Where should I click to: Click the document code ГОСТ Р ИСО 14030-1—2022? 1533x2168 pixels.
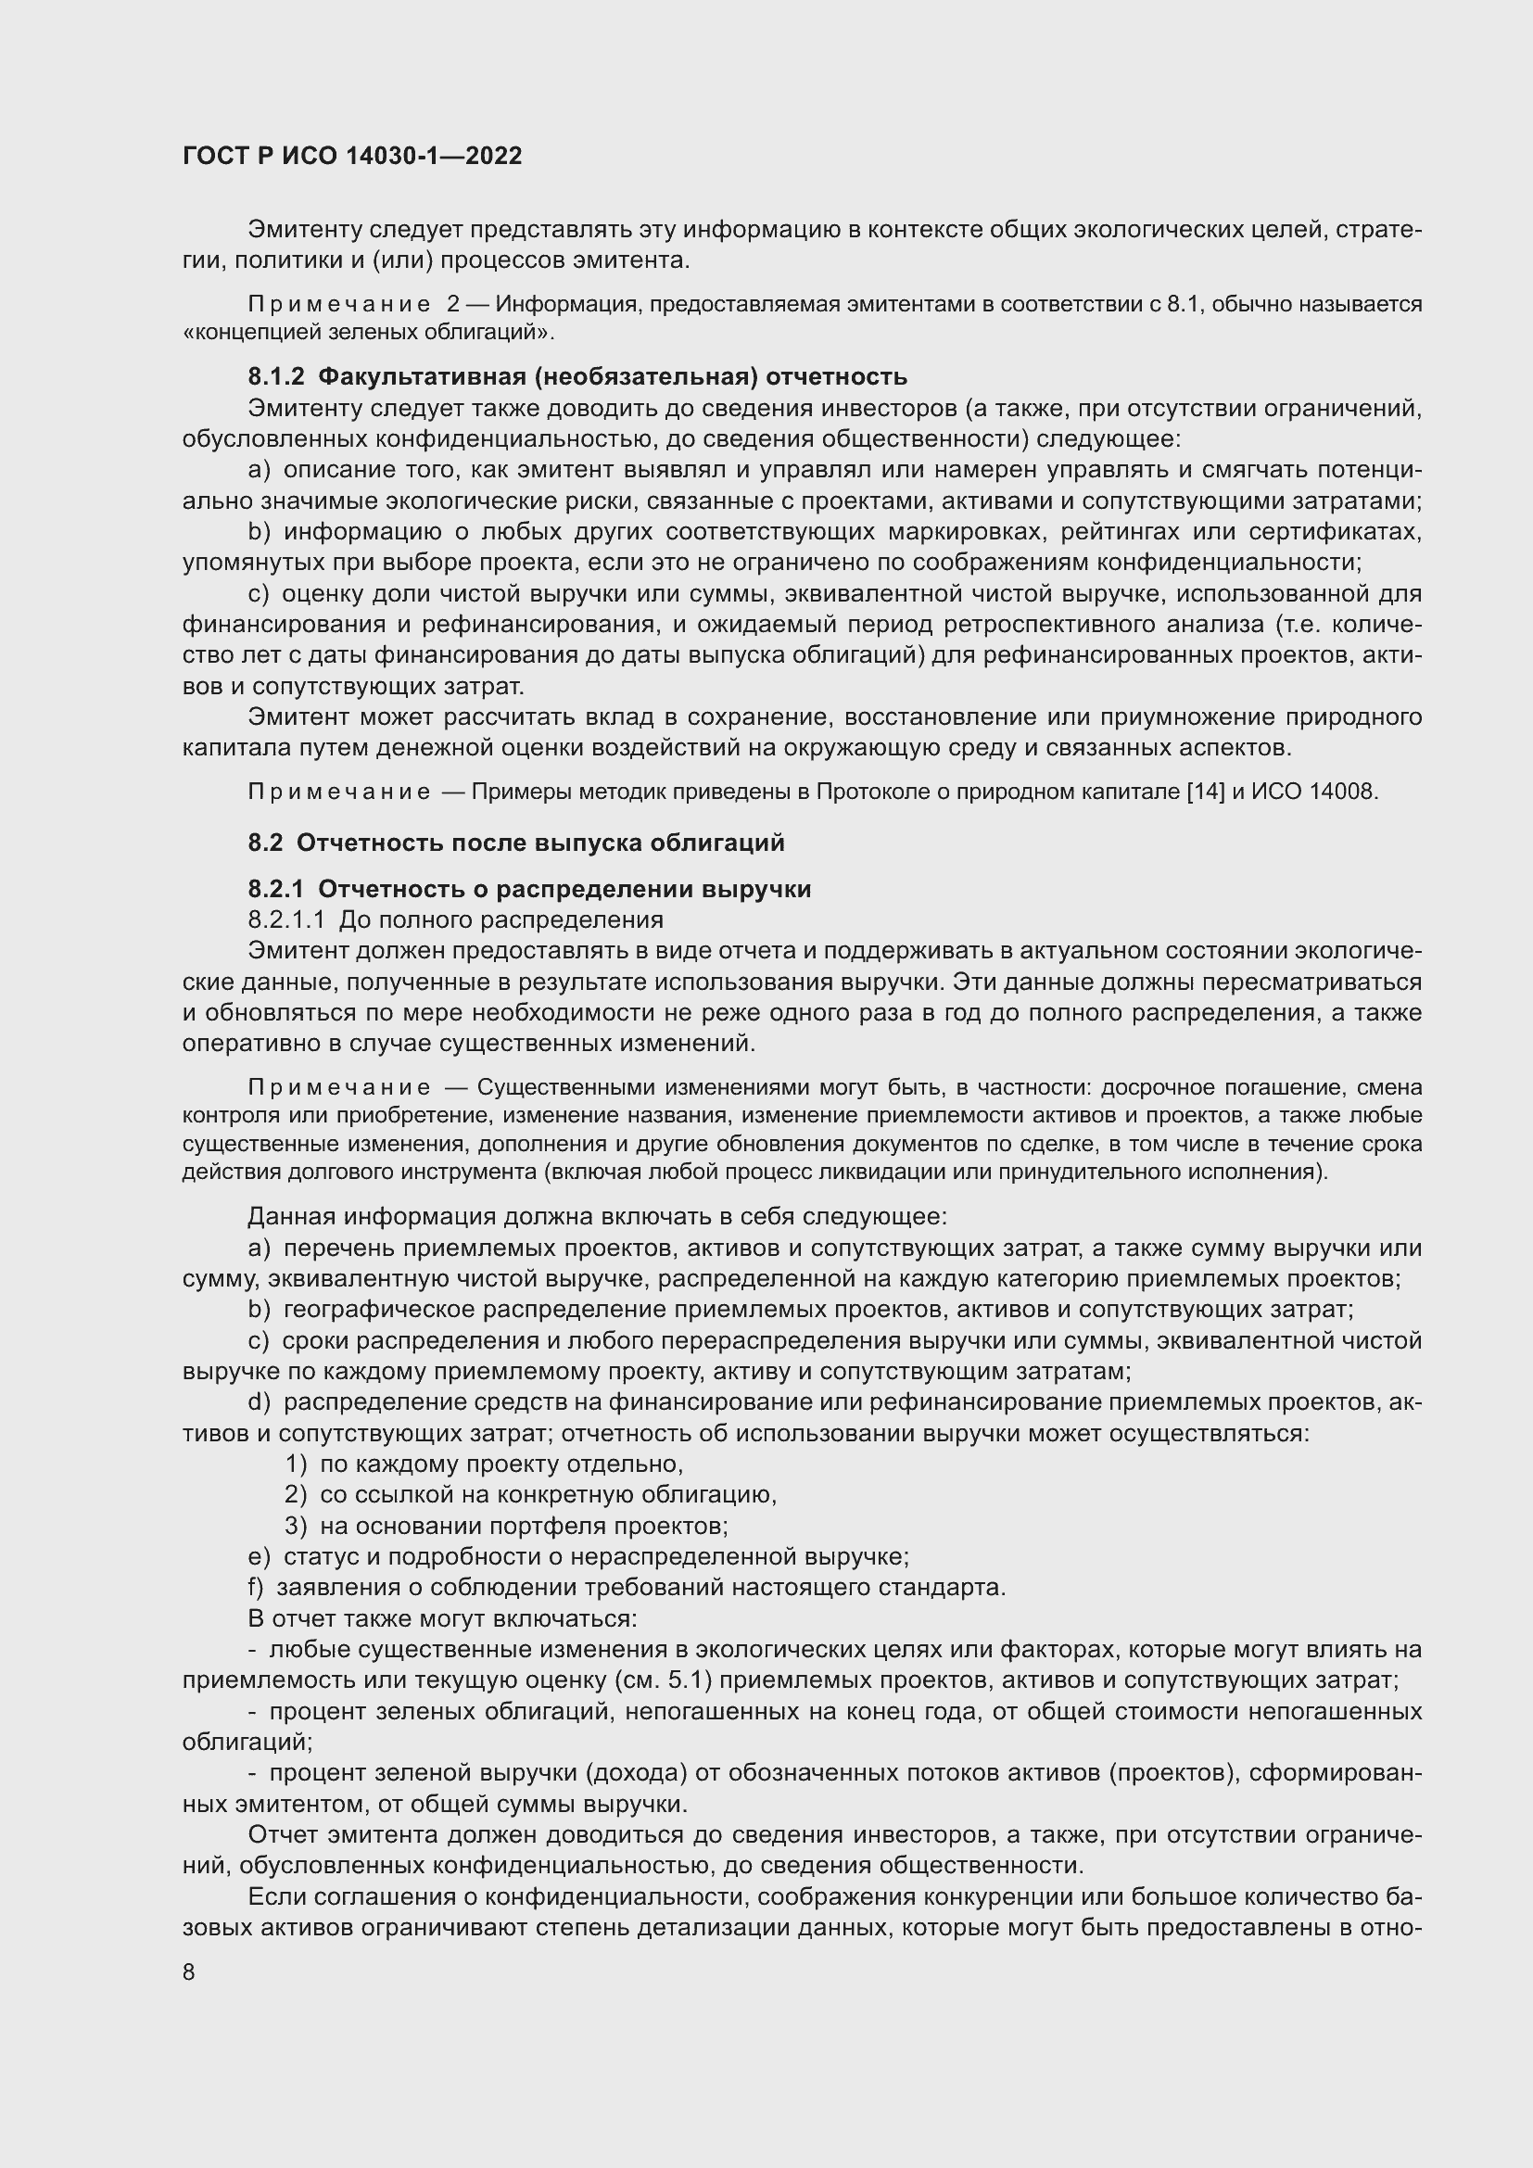click(352, 157)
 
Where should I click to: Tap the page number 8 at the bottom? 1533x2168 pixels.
click(189, 1972)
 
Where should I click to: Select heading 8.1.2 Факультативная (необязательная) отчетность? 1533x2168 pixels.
click(576, 376)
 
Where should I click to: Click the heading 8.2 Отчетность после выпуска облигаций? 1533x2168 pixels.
click(515, 843)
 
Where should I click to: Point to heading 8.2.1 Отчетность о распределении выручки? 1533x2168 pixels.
click(528, 889)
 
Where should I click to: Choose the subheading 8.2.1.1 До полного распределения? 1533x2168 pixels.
click(455, 919)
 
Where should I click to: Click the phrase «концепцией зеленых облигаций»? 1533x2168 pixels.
click(367, 333)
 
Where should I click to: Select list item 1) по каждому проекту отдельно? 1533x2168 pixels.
click(483, 1464)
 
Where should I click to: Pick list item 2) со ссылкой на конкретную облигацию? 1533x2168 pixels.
click(530, 1495)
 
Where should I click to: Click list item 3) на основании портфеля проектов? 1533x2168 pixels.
click(506, 1526)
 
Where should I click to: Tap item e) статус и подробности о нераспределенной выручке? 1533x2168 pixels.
click(577, 1556)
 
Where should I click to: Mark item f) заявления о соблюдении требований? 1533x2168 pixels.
click(627, 1587)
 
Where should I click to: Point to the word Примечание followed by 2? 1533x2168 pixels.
click(353, 304)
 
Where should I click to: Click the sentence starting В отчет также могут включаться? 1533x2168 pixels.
click(443, 1618)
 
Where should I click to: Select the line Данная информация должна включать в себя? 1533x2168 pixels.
click(597, 1216)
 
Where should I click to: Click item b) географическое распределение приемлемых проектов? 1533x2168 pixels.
click(801, 1309)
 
